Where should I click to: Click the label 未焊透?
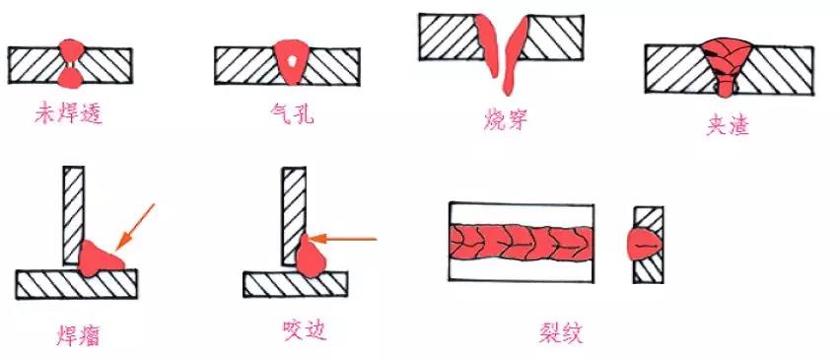click(x=69, y=114)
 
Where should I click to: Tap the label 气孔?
click(x=292, y=113)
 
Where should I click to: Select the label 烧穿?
click(x=505, y=120)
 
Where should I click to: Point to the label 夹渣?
click(x=727, y=125)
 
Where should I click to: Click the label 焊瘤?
click(x=78, y=335)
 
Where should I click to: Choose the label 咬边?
click(x=304, y=330)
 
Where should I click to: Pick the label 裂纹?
click(x=561, y=332)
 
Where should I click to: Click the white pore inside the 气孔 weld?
click(x=292, y=60)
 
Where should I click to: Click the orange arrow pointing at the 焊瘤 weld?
click(x=134, y=227)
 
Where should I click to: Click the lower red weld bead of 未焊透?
click(x=70, y=78)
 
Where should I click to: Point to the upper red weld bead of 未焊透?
click(x=71, y=50)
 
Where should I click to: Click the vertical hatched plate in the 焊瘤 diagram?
click(x=73, y=215)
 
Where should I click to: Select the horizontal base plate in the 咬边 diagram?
click(x=295, y=284)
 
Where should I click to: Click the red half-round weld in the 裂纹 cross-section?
click(x=645, y=245)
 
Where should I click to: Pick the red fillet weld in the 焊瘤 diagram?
click(x=100, y=259)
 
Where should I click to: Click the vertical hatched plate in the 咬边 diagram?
click(x=294, y=216)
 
